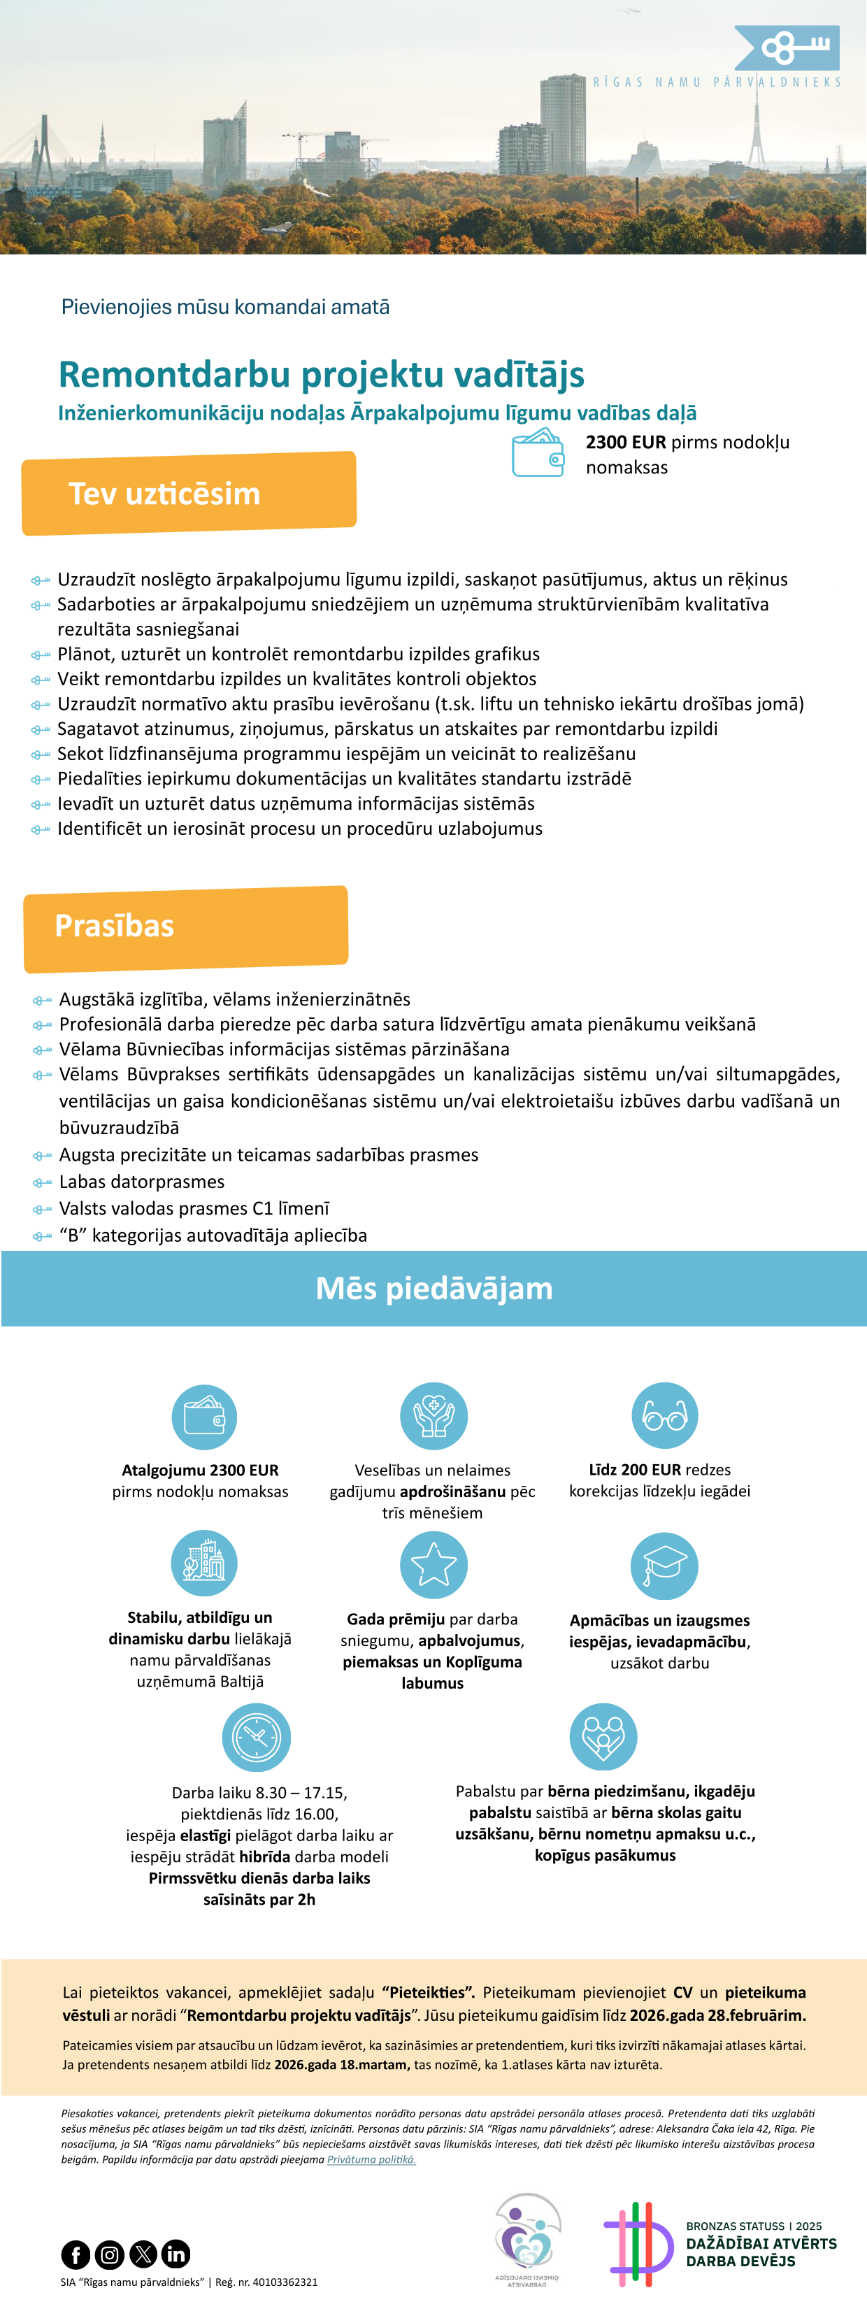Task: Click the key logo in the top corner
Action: coord(787,48)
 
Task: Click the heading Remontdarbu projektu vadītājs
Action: coord(321,375)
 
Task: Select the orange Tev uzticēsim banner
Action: coord(189,493)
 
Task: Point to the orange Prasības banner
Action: coord(185,927)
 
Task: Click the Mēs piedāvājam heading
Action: coord(434,1288)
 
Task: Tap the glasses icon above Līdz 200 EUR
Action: coord(665,1416)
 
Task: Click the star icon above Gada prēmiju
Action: coord(434,1564)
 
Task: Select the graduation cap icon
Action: coord(665,1565)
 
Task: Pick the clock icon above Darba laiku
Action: coord(257,1737)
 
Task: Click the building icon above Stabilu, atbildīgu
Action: coord(204,1563)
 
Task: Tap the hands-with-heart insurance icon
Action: coord(434,1416)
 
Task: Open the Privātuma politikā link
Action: coord(371,2159)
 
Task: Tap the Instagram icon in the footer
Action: coord(109,2254)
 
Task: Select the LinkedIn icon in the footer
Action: coord(176,2254)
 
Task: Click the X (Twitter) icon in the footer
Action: coord(143,2254)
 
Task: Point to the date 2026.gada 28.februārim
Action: coord(717,2015)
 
